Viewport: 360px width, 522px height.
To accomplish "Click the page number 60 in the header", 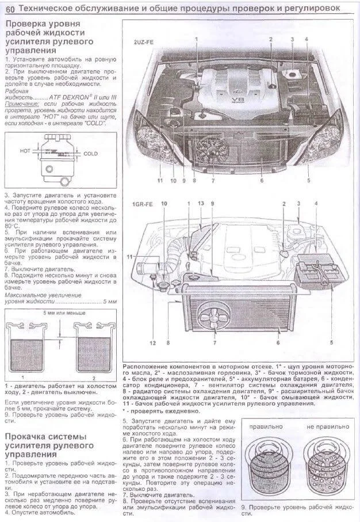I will coord(9,8).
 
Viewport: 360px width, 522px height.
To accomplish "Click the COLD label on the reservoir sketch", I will coord(91,154).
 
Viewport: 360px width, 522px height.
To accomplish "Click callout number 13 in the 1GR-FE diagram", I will coord(200,204).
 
